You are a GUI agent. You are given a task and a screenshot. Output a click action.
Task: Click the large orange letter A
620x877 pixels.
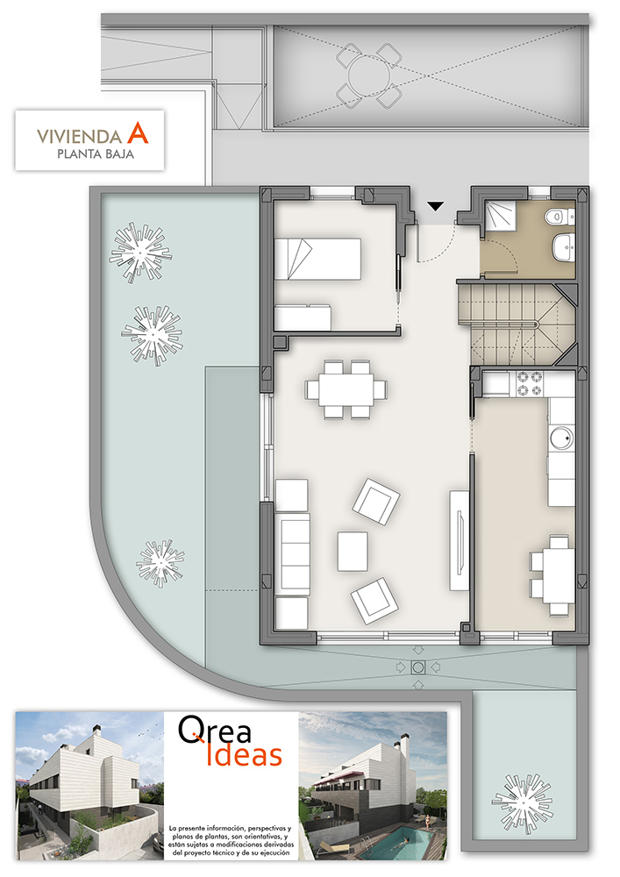click(138, 132)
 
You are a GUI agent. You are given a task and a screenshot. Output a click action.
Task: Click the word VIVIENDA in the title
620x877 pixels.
click(80, 137)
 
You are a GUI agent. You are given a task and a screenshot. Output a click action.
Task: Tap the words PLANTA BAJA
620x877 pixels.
click(96, 153)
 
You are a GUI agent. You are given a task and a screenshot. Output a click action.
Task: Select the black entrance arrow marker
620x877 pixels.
click(436, 206)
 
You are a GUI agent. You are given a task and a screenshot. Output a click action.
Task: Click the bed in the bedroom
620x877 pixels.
click(317, 259)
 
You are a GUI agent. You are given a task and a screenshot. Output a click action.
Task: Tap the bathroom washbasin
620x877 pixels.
click(564, 247)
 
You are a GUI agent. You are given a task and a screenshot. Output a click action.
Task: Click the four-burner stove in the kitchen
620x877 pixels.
click(530, 383)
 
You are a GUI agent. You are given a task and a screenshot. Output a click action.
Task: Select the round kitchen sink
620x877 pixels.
click(560, 438)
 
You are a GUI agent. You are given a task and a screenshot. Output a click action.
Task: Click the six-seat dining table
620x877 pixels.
click(346, 389)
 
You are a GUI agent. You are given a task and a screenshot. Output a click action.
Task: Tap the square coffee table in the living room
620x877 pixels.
click(353, 552)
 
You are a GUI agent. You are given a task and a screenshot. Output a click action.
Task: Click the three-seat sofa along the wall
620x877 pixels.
click(292, 554)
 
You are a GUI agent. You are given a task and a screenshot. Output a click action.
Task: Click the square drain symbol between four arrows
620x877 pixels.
click(417, 667)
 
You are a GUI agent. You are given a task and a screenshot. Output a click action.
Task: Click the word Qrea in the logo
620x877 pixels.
click(215, 730)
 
